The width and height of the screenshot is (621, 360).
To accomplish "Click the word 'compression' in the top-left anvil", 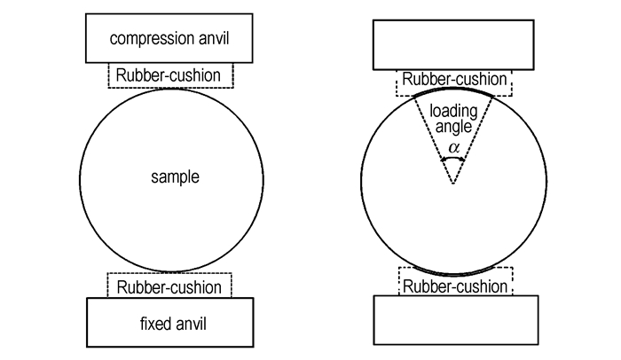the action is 145,39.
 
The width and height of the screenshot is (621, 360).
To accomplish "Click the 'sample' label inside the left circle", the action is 175,177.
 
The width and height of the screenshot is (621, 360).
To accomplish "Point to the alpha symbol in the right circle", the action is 454,148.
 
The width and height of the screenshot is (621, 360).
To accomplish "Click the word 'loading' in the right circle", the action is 453,112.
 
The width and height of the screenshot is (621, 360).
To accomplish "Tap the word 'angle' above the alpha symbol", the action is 453,127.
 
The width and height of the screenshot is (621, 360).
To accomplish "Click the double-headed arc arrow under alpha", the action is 453,158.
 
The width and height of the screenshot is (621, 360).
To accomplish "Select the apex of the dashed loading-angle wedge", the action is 453,184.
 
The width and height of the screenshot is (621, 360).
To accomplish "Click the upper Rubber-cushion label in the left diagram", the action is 169,75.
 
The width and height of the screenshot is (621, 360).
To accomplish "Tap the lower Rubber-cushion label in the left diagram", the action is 169,287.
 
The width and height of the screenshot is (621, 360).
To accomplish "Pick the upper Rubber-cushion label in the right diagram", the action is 454,79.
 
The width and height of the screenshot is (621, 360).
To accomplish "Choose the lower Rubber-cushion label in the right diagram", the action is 455,286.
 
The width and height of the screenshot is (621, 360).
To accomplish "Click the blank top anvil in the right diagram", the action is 453,44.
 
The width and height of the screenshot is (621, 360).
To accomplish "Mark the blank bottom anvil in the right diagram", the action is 456,320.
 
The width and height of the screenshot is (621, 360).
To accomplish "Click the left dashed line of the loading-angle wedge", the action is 434,140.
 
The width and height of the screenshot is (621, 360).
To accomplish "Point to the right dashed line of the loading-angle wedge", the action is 473,140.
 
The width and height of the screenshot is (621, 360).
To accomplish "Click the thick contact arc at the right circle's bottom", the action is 454,274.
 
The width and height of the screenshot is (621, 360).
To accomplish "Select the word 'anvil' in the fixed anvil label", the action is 192,324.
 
